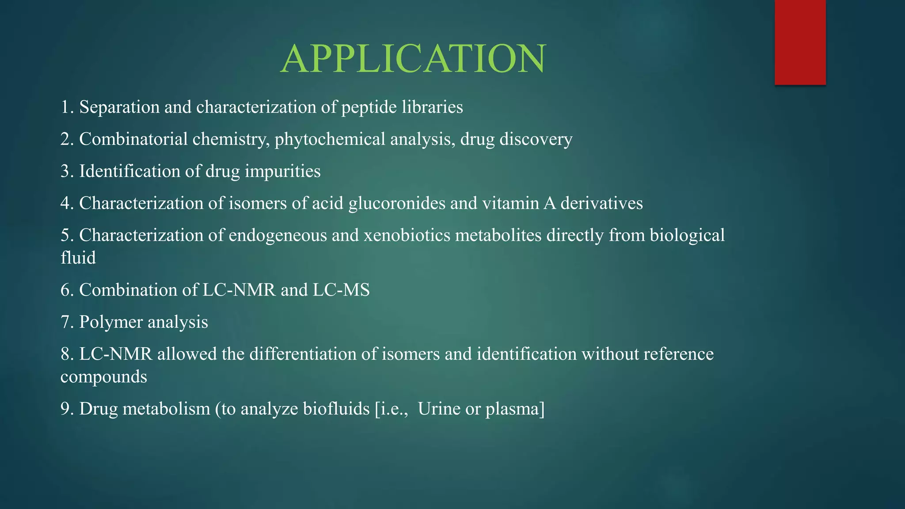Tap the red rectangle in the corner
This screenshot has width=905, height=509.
(800, 42)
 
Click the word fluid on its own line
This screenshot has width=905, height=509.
(78, 258)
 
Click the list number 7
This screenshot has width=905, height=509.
(66, 322)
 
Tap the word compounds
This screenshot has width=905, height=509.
(103, 377)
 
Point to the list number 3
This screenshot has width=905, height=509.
(66, 171)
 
